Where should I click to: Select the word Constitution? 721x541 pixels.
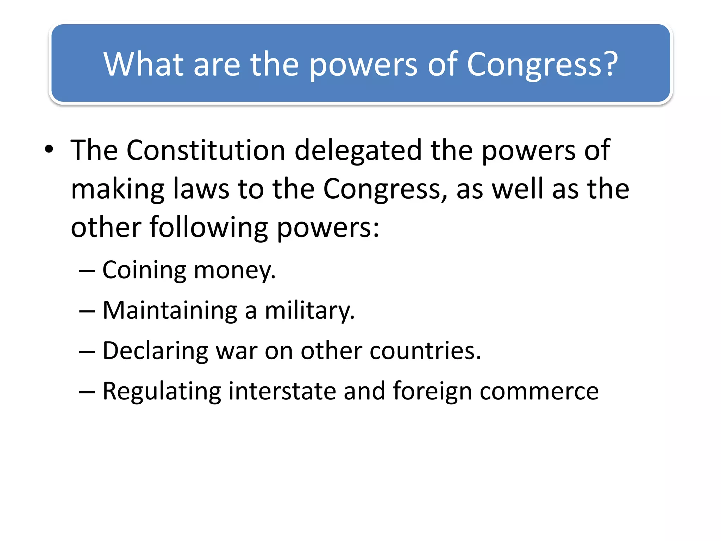pos(206,150)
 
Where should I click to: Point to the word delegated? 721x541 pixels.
pos(358,151)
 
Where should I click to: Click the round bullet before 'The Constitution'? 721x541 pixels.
pos(49,149)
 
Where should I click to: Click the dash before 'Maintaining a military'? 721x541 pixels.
pos(87,311)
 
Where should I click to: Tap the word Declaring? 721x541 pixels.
pos(155,352)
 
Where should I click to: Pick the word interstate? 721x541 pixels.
pos(282,391)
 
